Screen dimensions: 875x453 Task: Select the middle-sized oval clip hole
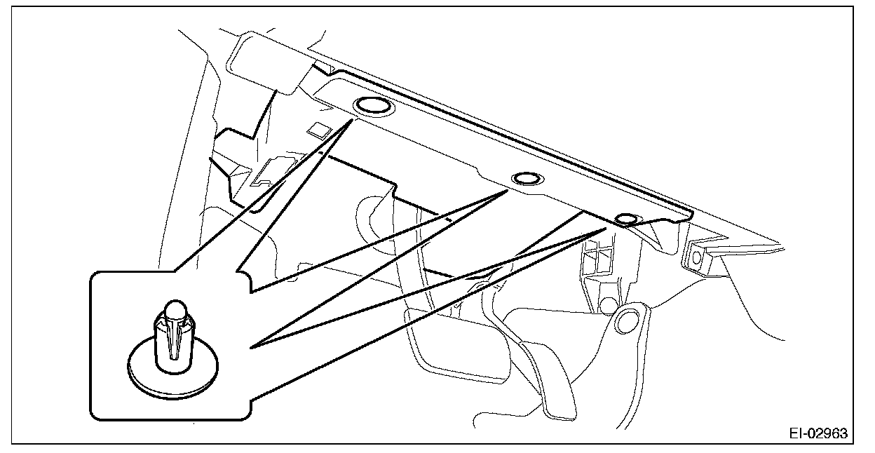click(x=527, y=179)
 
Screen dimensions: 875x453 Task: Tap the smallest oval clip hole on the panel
click(x=626, y=219)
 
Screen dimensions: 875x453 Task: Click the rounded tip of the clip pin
click(x=174, y=308)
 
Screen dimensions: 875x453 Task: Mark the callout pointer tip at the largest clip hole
click(x=353, y=120)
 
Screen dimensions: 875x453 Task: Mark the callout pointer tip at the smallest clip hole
click(x=606, y=229)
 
